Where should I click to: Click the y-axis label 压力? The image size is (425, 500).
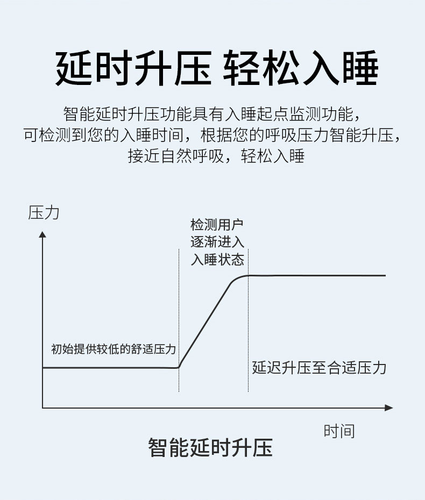(x=44, y=213)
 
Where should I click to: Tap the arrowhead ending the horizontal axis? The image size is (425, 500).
(x=389, y=409)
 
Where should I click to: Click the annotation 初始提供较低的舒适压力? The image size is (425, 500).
(x=114, y=349)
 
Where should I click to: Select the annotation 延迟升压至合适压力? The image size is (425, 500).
(x=320, y=368)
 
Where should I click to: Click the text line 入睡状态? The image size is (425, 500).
(x=217, y=260)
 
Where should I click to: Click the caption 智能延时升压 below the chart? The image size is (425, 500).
(x=210, y=447)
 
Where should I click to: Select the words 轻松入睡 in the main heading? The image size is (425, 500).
(x=301, y=69)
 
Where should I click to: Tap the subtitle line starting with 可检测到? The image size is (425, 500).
(x=212, y=135)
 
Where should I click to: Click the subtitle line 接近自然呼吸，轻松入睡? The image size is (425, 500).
(x=216, y=156)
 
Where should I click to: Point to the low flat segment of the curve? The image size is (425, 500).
(x=108, y=368)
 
